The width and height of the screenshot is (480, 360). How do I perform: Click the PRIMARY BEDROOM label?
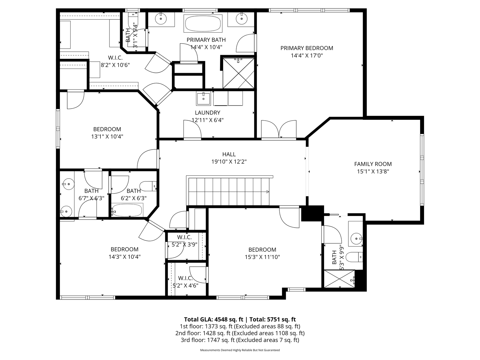[x=307, y=48]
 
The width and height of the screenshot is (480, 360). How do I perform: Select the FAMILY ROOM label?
[x=373, y=164]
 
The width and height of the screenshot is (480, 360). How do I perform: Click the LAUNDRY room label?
[x=207, y=112]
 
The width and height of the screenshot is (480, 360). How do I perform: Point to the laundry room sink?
[x=203, y=98]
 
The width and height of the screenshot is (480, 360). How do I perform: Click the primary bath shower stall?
[x=239, y=73]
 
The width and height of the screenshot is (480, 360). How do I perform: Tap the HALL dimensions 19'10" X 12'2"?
[x=229, y=162]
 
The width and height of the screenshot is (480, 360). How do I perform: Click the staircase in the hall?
[x=229, y=191]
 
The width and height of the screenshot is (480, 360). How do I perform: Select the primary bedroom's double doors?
[x=279, y=129]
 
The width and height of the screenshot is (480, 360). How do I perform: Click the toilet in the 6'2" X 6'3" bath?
[x=148, y=186]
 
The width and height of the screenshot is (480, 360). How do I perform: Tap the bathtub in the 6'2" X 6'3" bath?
[x=127, y=210]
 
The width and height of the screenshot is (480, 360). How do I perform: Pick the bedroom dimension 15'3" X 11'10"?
[x=262, y=257]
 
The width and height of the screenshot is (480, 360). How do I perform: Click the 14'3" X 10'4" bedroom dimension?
[x=124, y=256]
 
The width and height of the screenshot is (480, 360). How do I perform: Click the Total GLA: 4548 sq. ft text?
[x=214, y=319]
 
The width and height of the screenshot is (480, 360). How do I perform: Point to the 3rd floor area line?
[x=240, y=340]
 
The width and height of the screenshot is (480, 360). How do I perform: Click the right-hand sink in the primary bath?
[x=241, y=19]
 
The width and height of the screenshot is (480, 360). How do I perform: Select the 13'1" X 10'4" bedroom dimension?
[x=107, y=137]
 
